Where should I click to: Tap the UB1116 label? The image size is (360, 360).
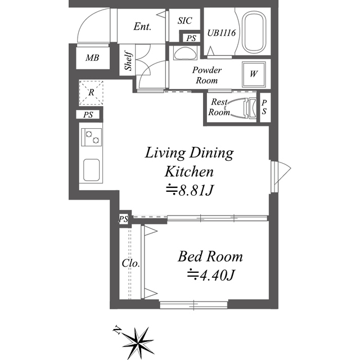pos(221,33)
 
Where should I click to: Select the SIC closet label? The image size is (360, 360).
pos(184,21)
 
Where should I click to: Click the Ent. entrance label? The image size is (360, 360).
pos(142,26)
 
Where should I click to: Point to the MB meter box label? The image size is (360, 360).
pos(92,57)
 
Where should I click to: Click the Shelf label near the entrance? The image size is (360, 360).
pos(128,60)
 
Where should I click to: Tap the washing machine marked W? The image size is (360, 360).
pos(254,74)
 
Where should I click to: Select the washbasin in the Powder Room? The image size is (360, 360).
pos(185,53)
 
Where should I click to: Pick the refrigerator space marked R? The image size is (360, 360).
pos(91,92)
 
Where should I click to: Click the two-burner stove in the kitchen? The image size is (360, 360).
pos(91,137)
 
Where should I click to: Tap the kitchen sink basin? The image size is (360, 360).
pos(91,170)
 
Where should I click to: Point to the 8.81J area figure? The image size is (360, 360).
pos(190,190)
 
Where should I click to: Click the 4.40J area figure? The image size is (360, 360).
pos(211,275)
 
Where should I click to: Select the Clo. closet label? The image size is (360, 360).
pos(131,263)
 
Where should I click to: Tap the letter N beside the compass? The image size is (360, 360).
pos(118,330)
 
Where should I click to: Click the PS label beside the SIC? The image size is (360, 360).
pos(191,38)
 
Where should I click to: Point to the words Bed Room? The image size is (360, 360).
pos(210,256)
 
